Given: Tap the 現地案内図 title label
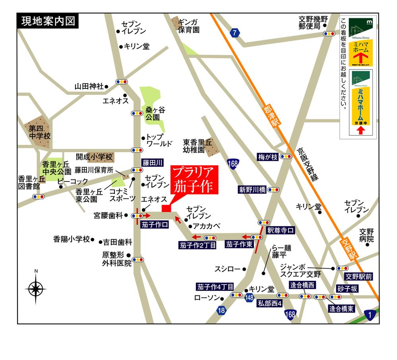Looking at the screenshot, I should point(48,21).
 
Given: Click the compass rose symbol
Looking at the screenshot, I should point(36,287).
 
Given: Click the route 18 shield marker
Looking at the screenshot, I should point(221,311).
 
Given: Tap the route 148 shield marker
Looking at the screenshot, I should point(249,297).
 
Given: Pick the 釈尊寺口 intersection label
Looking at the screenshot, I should point(281,230).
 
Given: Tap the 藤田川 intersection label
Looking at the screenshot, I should point(153,163).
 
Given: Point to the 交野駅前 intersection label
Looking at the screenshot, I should point(358,276).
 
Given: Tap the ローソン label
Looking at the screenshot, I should point(207,297).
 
